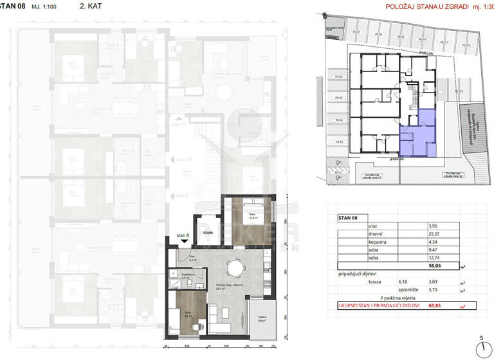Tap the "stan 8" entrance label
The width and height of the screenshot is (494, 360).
[x=183, y=237]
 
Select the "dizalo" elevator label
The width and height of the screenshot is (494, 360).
[x=208, y=233]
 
